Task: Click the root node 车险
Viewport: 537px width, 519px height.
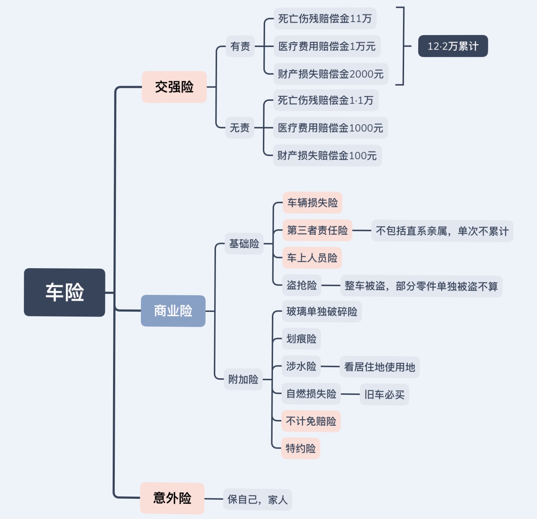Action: tap(64, 292)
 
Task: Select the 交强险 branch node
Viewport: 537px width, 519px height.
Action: tap(174, 87)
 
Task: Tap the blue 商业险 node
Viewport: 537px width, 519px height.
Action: tap(173, 311)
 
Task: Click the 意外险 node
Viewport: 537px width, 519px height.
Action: tap(172, 498)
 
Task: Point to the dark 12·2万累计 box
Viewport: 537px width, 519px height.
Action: tap(453, 46)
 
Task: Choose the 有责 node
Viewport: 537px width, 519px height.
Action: tap(240, 46)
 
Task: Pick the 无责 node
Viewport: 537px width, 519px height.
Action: tap(240, 128)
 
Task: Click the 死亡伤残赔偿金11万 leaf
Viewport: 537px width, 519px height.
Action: tap(325, 18)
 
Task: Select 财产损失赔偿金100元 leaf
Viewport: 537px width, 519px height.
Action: tap(327, 155)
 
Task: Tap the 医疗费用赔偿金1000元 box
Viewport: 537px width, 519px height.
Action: tap(330, 128)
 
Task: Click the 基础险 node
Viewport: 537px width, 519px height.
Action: tap(244, 244)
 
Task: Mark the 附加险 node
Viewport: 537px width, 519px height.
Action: tap(243, 379)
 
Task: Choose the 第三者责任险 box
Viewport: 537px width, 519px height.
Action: tap(317, 230)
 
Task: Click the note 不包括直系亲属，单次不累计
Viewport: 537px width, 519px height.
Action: tap(442, 231)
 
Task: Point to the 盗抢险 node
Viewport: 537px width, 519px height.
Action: tap(302, 285)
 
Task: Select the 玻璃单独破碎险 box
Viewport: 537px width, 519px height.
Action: tap(321, 311)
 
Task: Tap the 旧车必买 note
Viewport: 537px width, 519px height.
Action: tap(384, 394)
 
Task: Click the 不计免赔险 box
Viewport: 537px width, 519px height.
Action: tap(311, 421)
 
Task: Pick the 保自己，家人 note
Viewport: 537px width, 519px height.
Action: tap(257, 499)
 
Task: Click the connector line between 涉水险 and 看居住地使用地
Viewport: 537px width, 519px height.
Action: tap(330, 366)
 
